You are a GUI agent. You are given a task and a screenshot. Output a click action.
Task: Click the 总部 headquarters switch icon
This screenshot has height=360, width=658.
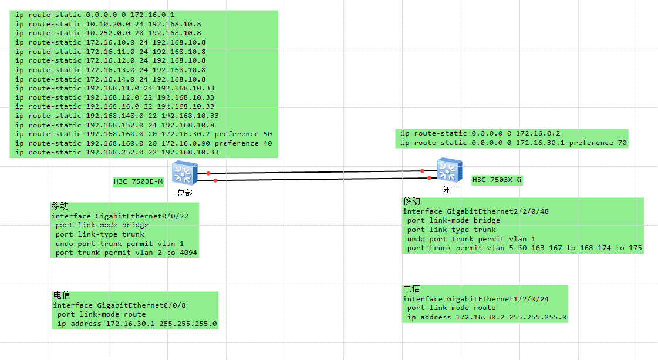(x=184, y=173)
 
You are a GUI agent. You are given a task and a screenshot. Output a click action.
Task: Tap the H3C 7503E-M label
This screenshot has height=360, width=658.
(x=138, y=182)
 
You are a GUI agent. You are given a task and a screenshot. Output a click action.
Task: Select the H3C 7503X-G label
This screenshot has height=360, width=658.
(x=497, y=180)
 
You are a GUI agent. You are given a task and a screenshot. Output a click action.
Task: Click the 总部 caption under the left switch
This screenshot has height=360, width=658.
(x=184, y=193)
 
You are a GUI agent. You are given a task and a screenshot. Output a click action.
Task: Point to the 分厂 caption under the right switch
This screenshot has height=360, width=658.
(x=449, y=190)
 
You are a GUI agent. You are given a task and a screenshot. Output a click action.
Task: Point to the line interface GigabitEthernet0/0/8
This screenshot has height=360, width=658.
(x=119, y=305)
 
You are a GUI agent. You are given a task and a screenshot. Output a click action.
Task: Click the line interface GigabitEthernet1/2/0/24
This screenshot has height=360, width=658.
(x=475, y=299)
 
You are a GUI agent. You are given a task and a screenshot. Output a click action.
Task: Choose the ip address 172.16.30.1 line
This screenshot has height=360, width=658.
(x=137, y=324)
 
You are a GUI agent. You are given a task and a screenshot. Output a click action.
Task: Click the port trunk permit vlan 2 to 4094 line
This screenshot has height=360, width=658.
(x=126, y=253)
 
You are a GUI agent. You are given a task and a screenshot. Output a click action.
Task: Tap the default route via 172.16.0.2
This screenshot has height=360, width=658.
(x=476, y=133)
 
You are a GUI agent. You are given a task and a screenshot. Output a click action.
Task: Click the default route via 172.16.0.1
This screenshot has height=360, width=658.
(x=95, y=15)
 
